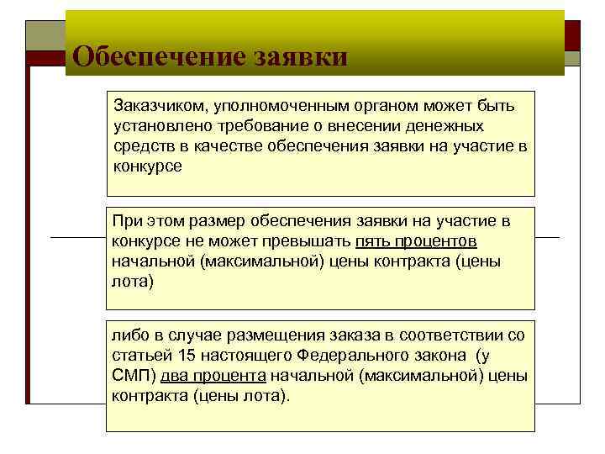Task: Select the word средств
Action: click(140, 146)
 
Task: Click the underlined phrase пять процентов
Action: click(417, 241)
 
